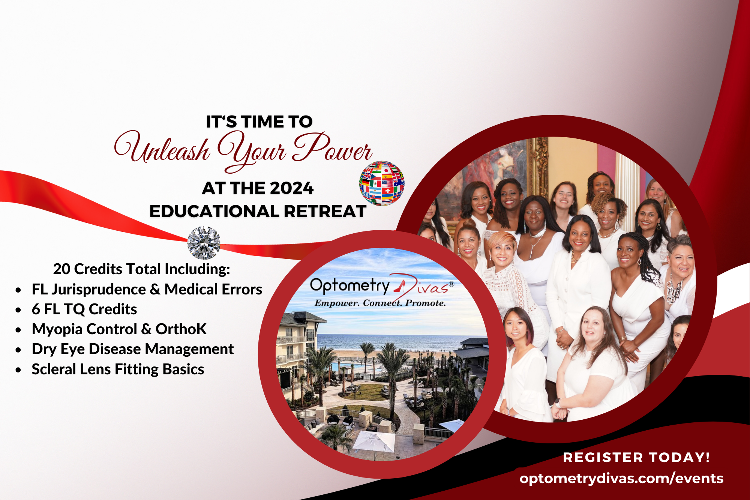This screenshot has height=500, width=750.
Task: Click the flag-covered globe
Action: coord(382,183)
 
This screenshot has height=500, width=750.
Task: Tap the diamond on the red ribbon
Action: coord(204,243)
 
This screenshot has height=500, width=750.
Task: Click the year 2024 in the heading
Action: coord(291,188)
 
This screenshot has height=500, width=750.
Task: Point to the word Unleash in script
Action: coord(162,148)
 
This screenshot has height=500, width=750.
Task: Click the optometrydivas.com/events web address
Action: coord(622,479)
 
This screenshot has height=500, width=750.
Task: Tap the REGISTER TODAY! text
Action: coord(636,458)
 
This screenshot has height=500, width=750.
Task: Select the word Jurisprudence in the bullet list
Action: coord(99,290)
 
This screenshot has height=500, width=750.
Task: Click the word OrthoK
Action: coord(181,329)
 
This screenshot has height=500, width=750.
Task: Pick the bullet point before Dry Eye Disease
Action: coord(18,350)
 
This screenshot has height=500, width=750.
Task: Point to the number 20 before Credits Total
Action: coord(61,269)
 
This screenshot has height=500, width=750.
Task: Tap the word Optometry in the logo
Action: coord(350,286)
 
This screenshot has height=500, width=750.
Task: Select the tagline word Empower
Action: coord(336,303)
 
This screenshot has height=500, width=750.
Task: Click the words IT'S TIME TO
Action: coord(259,122)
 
